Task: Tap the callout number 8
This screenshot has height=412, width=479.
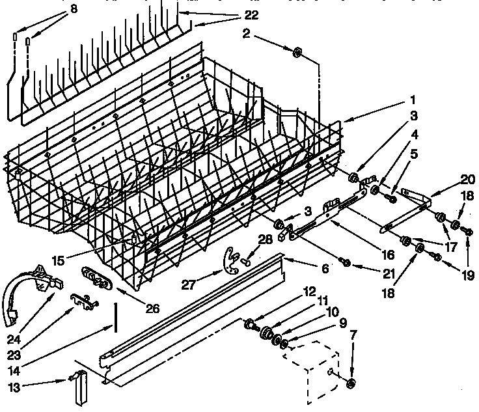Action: point(74,9)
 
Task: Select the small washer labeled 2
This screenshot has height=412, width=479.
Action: point(297,52)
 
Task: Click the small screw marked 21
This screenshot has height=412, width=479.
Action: point(346,262)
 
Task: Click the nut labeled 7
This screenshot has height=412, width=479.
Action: point(351,383)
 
